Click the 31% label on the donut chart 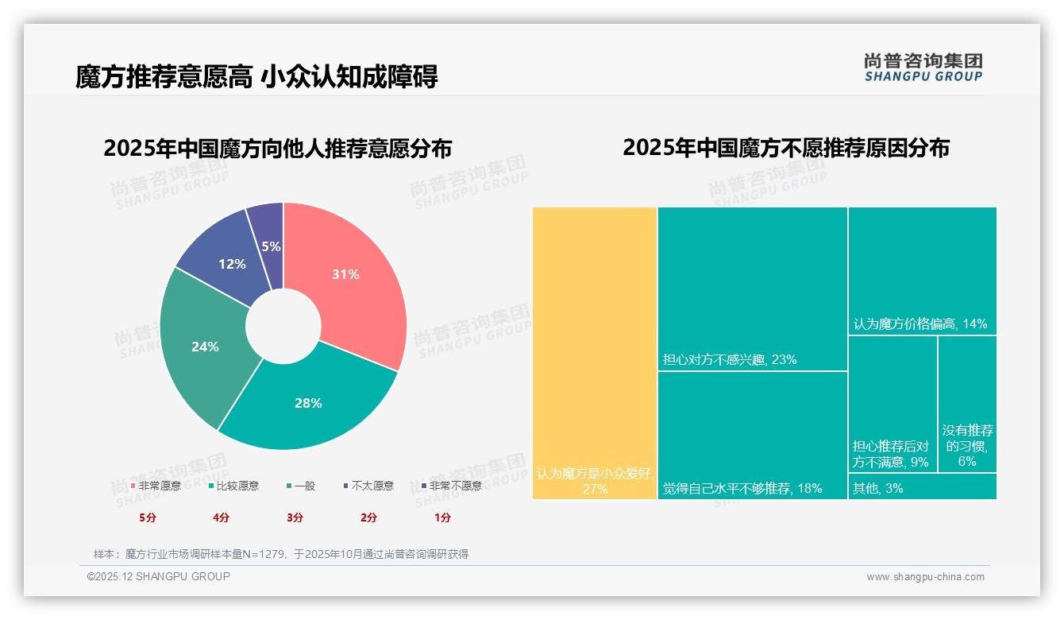point(345,274)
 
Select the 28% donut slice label point(308,403)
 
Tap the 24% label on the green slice point(205,347)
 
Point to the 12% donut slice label point(232,264)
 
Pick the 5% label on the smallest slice point(271,246)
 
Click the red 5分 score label point(148,517)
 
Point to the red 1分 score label point(442,517)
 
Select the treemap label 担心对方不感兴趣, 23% point(730,359)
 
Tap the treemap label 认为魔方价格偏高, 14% point(920,324)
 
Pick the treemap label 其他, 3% point(877,488)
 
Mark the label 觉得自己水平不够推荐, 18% point(742,488)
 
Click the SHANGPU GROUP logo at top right point(923,67)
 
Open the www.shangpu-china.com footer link point(925,577)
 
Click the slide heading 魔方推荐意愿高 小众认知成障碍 point(256,77)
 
